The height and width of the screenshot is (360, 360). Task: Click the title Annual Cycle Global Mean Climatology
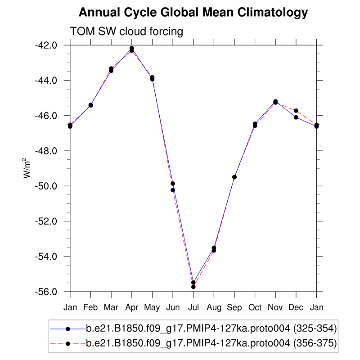[193, 13]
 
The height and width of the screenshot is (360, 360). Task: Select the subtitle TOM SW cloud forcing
[126, 31]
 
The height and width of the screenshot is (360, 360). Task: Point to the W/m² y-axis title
[27, 168]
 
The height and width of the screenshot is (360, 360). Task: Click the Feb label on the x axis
[90, 307]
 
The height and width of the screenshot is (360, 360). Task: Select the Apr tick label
[131, 307]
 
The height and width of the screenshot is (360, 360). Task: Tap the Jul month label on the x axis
[193, 307]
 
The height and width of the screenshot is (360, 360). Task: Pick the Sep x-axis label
[234, 307]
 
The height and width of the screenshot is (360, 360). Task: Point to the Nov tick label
[275, 307]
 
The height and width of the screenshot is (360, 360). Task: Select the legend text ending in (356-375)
[211, 343]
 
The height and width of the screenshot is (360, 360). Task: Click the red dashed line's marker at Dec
[296, 110]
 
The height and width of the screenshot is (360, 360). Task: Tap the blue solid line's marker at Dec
[296, 117]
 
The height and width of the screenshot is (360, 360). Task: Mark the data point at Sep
[234, 177]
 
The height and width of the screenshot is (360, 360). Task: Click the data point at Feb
[90, 105]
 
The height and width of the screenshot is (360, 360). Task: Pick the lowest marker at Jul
[193, 287]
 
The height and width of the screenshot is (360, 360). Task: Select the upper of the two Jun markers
[173, 184]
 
